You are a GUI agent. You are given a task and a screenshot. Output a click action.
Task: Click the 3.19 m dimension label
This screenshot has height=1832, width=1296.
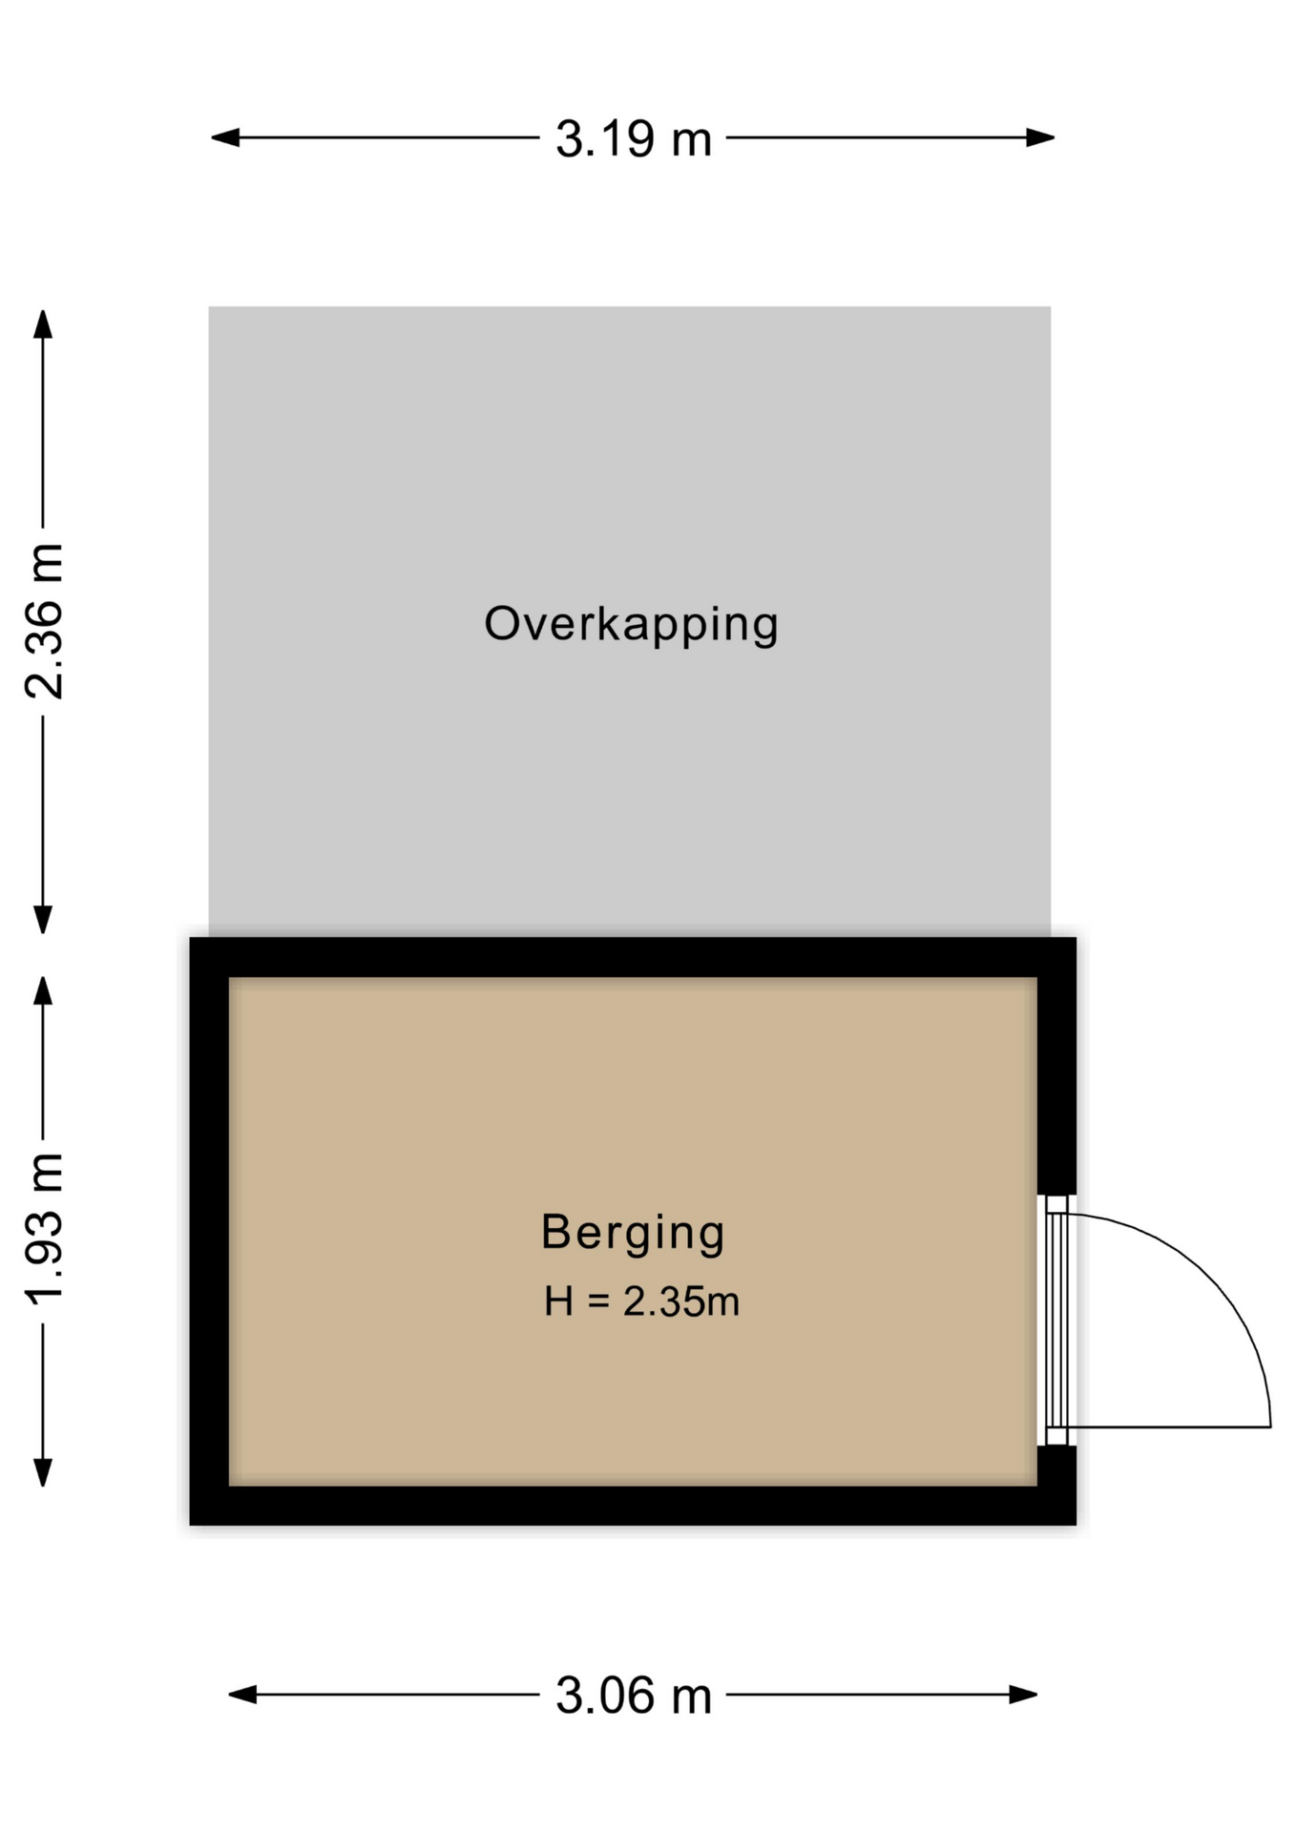[634, 138]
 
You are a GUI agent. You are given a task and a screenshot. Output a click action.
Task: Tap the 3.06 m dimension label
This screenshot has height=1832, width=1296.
[634, 1696]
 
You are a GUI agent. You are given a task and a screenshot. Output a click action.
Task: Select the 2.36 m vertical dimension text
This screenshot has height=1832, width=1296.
[44, 621]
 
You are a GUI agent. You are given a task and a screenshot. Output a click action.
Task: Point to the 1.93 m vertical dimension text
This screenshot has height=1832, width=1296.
[44, 1229]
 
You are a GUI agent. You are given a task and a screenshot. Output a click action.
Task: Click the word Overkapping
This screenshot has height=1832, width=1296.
[632, 625]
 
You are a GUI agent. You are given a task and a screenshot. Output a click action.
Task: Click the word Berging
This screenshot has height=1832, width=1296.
[633, 1233]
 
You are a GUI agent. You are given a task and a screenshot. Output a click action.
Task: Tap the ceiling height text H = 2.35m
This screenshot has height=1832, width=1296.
[641, 1301]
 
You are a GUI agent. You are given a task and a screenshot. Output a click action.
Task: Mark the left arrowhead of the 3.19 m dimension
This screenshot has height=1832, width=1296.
[225, 137]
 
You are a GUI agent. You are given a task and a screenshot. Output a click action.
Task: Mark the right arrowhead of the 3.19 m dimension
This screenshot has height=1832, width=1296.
[1040, 137]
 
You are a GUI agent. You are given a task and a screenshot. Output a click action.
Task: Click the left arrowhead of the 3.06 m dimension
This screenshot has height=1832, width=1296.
[242, 1695]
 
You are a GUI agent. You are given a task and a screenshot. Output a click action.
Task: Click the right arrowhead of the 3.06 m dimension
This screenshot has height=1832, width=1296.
[1023, 1695]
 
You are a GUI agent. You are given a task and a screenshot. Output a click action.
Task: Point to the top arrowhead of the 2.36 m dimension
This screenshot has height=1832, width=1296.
[43, 324]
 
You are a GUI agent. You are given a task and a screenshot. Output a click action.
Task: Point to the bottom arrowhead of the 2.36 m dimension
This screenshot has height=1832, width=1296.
[43, 920]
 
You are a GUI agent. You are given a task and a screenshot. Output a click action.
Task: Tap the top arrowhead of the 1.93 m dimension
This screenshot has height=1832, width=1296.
[43, 990]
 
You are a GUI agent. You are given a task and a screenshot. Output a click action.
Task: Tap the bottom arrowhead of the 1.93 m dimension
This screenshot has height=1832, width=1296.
[43, 1472]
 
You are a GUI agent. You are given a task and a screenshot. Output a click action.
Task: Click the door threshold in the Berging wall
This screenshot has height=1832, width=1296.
[1056, 1321]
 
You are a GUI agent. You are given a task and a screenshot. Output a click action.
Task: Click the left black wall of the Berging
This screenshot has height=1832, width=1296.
[209, 1231]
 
